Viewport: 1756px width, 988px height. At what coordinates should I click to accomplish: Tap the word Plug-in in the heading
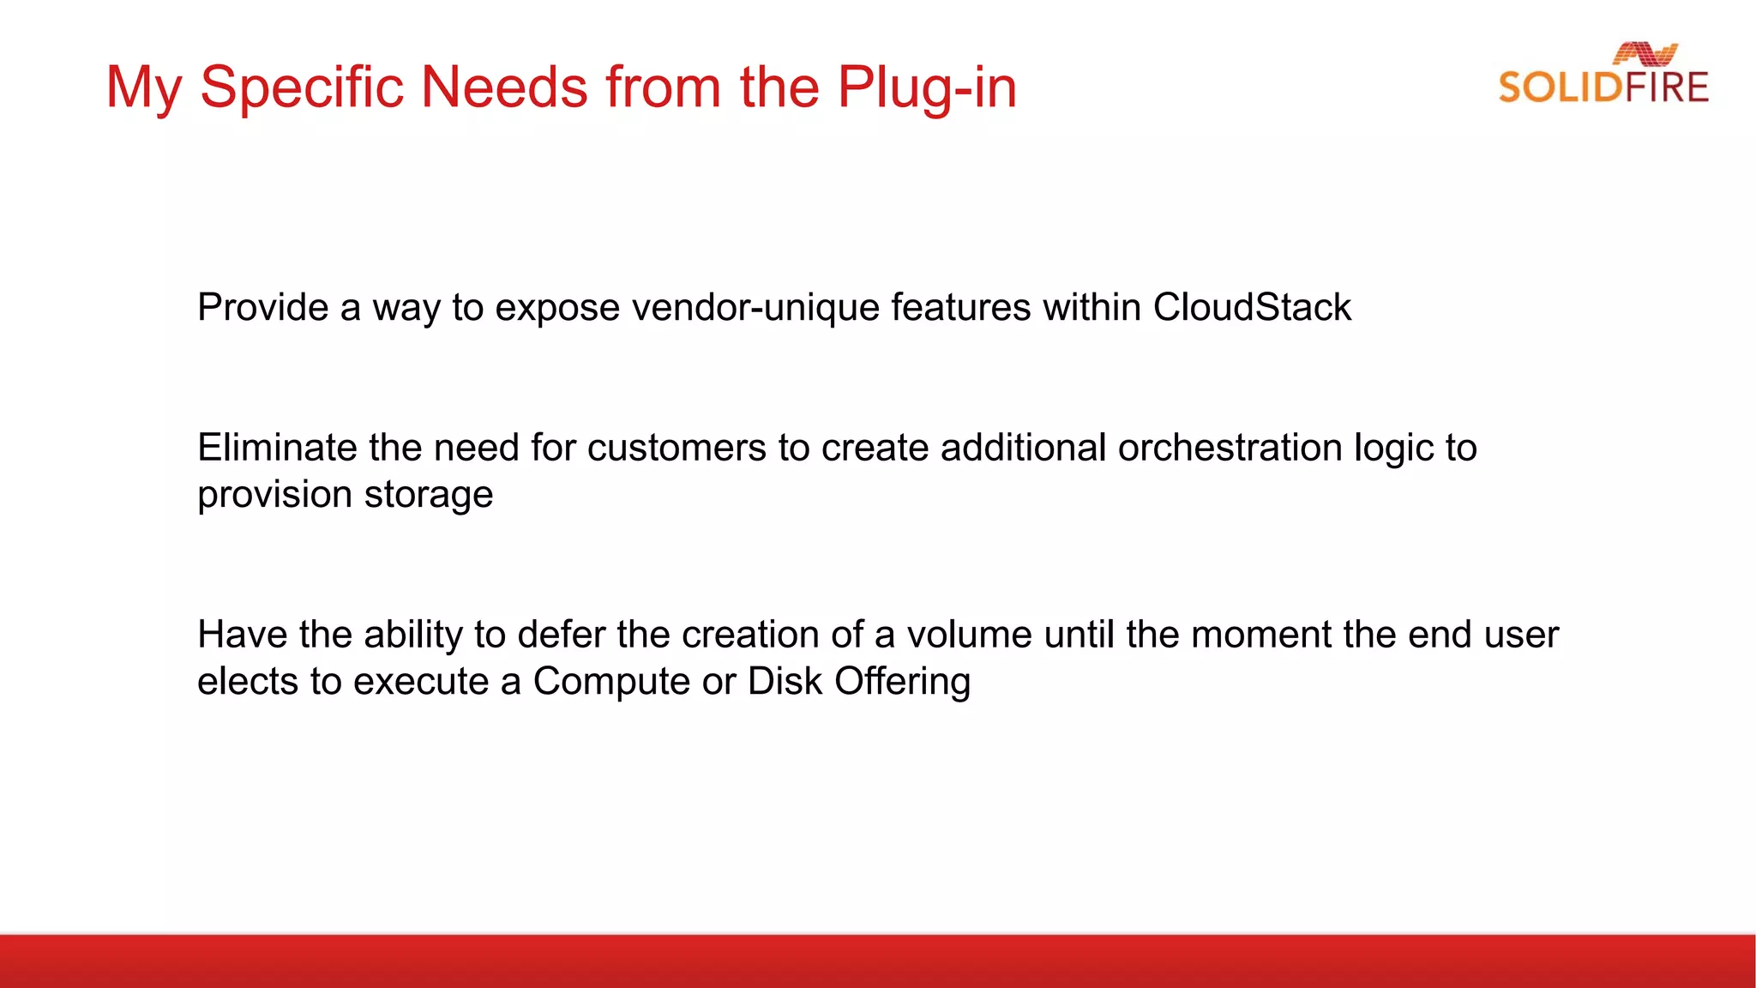tap(927, 87)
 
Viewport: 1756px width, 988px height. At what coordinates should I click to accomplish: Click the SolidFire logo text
tap(1603, 87)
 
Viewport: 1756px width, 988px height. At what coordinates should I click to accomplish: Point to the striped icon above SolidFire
tap(1645, 54)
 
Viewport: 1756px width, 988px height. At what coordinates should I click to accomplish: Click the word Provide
tap(262, 307)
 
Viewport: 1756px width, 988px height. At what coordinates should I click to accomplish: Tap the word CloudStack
tap(1252, 307)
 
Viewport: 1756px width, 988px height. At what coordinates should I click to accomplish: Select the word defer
tap(561, 635)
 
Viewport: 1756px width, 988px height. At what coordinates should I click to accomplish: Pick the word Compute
tap(611, 682)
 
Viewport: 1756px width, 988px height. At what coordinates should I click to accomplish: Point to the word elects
tap(248, 682)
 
